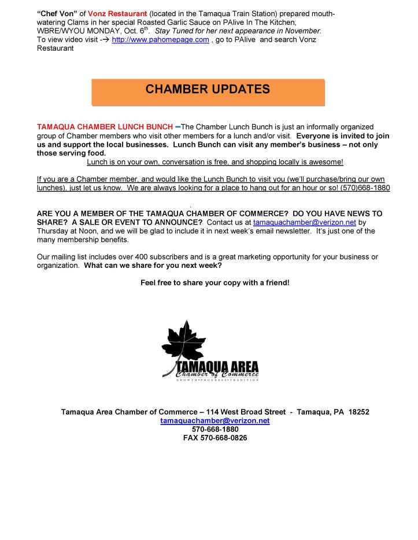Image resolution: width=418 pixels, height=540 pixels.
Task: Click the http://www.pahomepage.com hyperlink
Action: pyautogui.click(x=160, y=39)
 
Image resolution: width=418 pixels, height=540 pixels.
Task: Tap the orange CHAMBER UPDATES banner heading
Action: pyautogui.click(x=208, y=90)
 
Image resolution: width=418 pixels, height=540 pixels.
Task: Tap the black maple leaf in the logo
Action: pyautogui.click(x=184, y=341)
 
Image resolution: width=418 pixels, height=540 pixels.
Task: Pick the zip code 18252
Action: pyautogui.click(x=358, y=412)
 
